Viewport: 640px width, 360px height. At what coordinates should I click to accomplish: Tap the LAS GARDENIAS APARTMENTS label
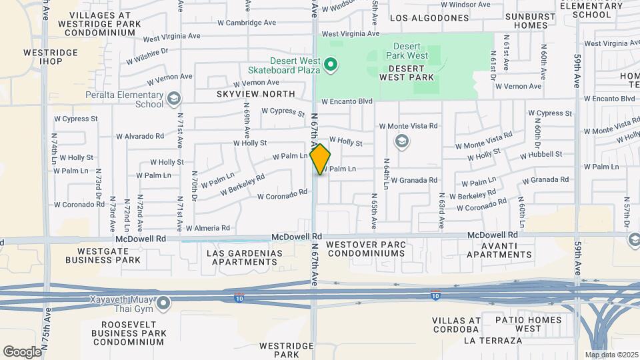[x=244, y=258]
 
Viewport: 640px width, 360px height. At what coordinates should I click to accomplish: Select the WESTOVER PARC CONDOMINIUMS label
[x=366, y=249]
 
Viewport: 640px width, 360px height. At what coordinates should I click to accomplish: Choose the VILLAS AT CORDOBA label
[x=456, y=325]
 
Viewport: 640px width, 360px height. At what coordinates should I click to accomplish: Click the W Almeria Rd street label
[x=207, y=228]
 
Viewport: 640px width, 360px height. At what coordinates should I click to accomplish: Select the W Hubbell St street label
[x=541, y=154]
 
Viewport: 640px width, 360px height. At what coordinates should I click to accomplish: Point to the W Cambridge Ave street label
[x=247, y=23]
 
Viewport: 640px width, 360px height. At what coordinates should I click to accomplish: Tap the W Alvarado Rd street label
[x=140, y=136]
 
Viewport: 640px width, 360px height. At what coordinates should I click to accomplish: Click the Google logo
[x=22, y=351]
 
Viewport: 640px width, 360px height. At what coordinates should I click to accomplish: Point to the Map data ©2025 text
[x=611, y=355]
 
